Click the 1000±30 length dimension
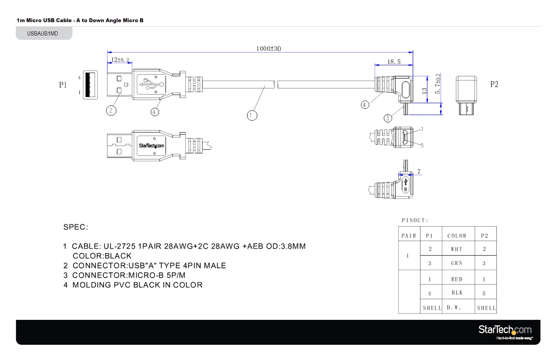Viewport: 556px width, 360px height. (x=268, y=48)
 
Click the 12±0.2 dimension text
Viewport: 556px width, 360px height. (x=120, y=60)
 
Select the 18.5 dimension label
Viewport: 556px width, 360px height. (x=394, y=61)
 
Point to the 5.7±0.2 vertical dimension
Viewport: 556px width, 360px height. (x=438, y=84)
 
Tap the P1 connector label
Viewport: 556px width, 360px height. (x=63, y=85)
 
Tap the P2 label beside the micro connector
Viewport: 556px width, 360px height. (x=494, y=84)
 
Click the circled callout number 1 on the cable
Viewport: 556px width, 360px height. (x=252, y=115)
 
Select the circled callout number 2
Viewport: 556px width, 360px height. (x=111, y=111)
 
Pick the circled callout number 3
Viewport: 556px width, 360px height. (x=388, y=118)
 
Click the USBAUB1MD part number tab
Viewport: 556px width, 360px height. (x=43, y=34)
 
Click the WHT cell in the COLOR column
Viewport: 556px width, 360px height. (x=456, y=249)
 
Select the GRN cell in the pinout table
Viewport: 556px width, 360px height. (x=456, y=263)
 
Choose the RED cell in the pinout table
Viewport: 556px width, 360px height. (x=456, y=279)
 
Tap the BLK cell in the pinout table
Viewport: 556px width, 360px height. (x=457, y=293)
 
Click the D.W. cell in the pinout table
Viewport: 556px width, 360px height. (x=454, y=308)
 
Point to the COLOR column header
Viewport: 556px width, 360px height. (x=457, y=236)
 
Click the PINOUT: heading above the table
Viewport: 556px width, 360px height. (x=415, y=220)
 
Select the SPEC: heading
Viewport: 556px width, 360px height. (x=76, y=227)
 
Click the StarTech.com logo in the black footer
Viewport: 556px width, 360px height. (x=505, y=331)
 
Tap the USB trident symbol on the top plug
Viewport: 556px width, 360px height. (x=151, y=84)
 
